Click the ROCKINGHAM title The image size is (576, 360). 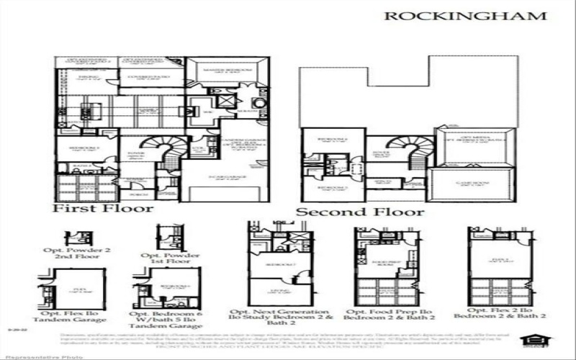tap(465, 16)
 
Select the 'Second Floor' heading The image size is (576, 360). tap(360, 212)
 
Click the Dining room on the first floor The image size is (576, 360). tap(86, 80)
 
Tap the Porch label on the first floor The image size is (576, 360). tap(135, 193)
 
